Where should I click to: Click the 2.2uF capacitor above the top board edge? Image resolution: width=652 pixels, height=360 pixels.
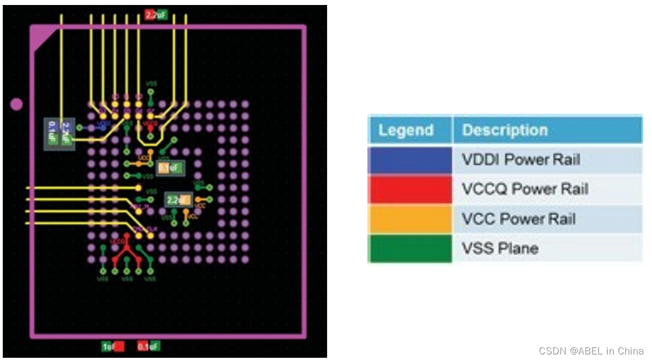click(155, 15)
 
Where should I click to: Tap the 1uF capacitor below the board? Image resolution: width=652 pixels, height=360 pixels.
click(112, 347)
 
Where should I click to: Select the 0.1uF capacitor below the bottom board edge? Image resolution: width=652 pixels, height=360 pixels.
click(149, 347)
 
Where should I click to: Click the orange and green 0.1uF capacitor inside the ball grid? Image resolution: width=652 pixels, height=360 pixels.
click(169, 167)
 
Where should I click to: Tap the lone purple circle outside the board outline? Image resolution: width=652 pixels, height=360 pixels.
click(17, 104)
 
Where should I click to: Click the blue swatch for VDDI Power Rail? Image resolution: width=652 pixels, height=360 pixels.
click(410, 160)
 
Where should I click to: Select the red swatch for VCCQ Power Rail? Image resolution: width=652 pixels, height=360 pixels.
click(410, 189)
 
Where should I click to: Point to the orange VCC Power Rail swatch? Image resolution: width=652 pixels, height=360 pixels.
click(410, 219)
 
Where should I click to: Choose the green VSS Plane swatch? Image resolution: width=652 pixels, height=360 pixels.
click(410, 249)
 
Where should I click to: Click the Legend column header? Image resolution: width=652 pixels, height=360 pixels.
click(406, 130)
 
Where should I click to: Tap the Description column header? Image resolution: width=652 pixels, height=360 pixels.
click(505, 130)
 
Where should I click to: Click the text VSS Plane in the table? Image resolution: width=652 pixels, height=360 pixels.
click(500, 249)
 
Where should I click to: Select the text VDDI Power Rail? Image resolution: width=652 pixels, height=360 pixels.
click(521, 160)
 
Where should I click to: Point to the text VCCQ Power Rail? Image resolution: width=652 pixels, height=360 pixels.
click(524, 189)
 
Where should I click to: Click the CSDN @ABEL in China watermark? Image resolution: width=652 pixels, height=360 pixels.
click(590, 351)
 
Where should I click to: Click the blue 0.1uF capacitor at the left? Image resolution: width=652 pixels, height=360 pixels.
click(52, 134)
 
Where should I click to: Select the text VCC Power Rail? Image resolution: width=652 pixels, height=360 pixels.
click(518, 219)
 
